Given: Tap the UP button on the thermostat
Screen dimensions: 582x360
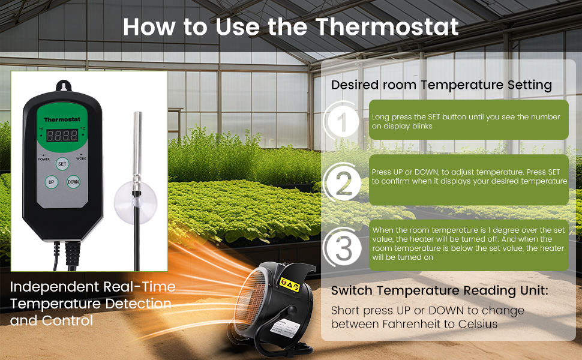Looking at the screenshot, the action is (51, 182).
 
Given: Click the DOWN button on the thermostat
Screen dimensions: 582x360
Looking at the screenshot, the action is (73, 182).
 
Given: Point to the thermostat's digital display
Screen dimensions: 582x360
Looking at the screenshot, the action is (62, 136).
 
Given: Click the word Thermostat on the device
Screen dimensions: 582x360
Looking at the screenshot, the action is (62, 119).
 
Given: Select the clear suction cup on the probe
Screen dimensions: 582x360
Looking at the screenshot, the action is (135, 203).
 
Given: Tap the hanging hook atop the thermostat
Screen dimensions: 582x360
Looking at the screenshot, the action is (64, 86).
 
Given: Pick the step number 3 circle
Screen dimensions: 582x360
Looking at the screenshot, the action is (343, 248).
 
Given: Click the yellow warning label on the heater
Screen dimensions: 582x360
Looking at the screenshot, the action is (289, 284).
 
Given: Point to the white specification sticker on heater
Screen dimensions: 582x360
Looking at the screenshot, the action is (284, 328).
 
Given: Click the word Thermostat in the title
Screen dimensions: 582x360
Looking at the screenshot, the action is (387, 27).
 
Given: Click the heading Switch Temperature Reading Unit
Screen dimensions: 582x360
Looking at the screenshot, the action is (439, 290).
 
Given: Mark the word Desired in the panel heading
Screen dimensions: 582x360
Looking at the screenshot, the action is (355, 85).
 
